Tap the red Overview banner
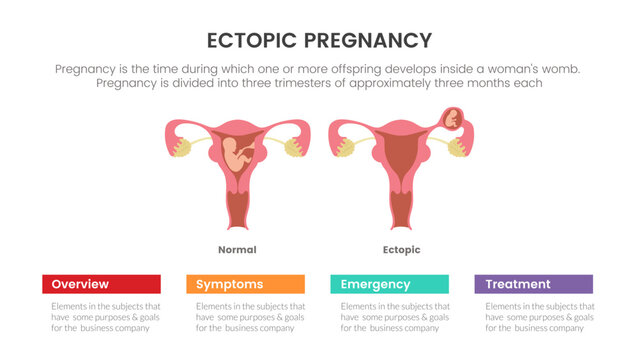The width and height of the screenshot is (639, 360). coord(101,284)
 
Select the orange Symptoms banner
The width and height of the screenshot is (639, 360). coord(245,284)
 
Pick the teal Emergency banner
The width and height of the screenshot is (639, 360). coord(389,284)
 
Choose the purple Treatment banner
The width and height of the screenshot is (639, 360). coord(533,284)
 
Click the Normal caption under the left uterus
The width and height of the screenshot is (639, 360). coord(237,249)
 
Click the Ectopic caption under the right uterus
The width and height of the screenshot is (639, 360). coord(401,249)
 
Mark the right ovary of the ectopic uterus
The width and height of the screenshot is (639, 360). coord(458,148)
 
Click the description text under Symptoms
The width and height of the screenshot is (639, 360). coord(245,317)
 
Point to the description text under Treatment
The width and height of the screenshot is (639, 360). coord(533,317)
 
